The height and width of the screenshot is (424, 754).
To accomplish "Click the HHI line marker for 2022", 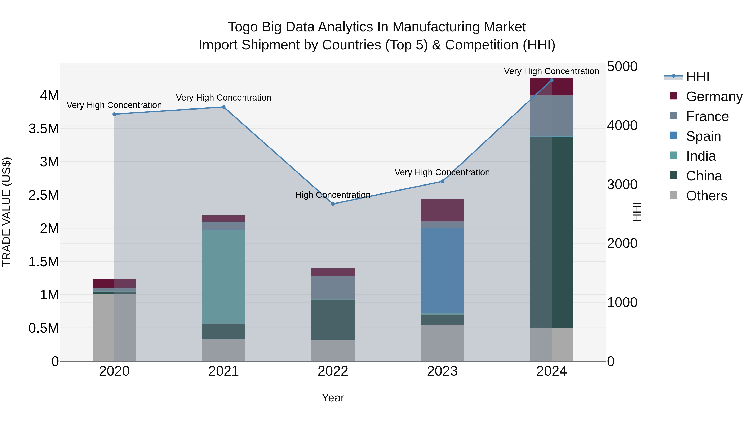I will point(333,204).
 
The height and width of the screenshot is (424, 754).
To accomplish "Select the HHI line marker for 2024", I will point(551,80).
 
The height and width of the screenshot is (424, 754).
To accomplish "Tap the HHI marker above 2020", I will point(114,114).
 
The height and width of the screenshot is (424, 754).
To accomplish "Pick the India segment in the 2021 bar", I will point(224,277).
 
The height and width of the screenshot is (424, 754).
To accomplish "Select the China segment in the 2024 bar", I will point(551,233).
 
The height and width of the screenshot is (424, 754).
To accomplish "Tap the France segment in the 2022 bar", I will point(333,288).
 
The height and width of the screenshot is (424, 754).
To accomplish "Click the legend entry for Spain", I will point(703,136).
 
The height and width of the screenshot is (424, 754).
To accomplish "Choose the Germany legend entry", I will point(714,97).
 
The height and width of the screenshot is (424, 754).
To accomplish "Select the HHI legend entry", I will point(697,77).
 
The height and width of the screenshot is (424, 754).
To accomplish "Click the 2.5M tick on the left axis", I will point(44,195).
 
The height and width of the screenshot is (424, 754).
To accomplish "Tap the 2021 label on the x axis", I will point(224,371).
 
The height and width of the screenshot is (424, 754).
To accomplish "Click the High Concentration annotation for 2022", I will point(333,195).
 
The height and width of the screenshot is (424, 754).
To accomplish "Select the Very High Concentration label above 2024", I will point(551,71).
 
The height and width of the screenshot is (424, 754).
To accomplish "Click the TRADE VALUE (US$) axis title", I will point(6,212).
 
